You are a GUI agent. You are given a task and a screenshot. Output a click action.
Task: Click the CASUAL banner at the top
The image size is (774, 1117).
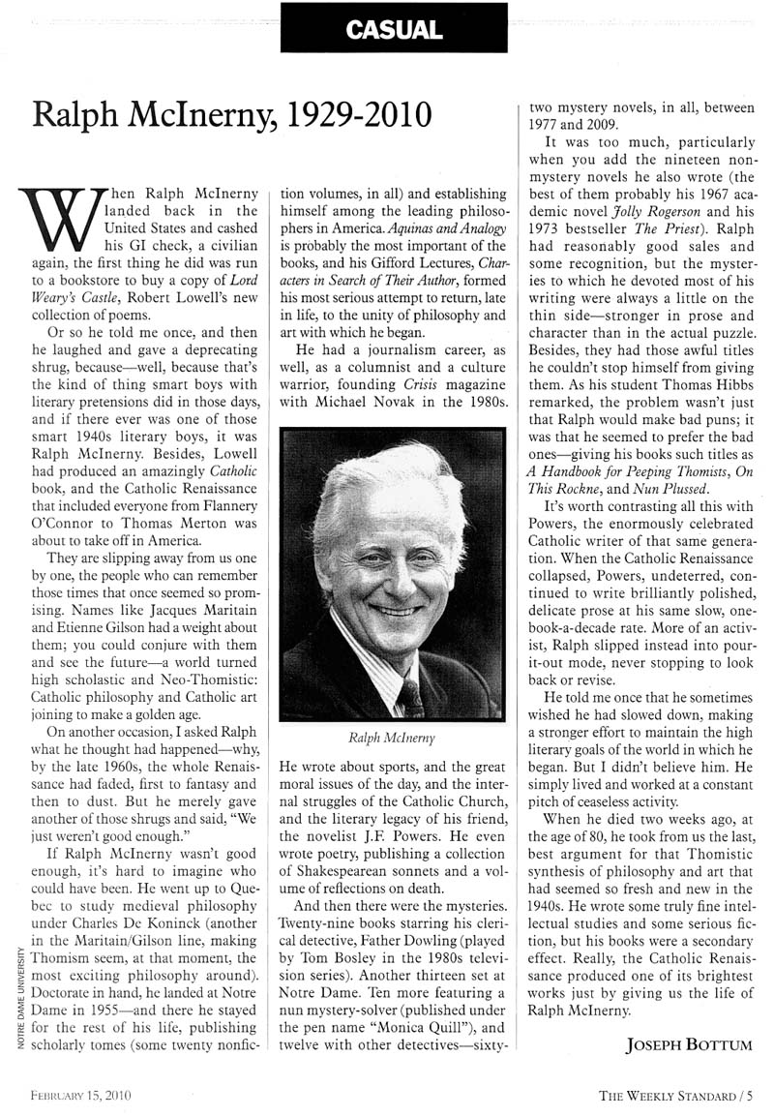tap(394, 28)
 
